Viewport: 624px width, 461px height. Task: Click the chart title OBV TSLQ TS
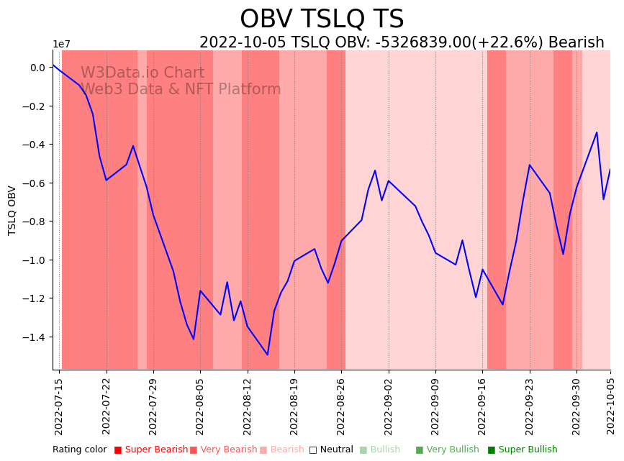click(x=322, y=19)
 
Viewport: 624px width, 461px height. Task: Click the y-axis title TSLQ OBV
click(x=12, y=210)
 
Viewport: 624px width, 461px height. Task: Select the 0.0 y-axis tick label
click(x=37, y=68)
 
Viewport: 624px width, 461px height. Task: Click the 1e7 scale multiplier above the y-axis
click(x=62, y=45)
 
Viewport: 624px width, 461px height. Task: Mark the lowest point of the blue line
click(x=268, y=355)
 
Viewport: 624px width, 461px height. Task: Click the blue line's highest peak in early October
click(x=597, y=132)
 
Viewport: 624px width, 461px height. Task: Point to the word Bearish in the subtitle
click(x=576, y=42)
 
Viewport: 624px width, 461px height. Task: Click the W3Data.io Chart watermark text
click(x=143, y=73)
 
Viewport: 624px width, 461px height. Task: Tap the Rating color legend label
click(x=79, y=450)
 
